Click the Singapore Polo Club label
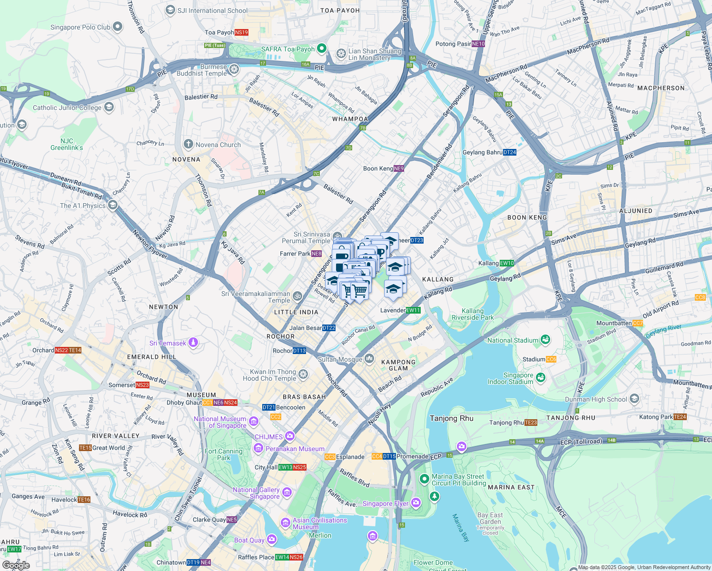[80, 27]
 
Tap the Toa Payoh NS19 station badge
[241, 32]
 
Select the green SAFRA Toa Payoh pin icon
[322, 48]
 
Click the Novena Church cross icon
[188, 144]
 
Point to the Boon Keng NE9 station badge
[399, 168]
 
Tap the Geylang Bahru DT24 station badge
[509, 152]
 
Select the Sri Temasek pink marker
[193, 342]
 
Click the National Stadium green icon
[545, 340]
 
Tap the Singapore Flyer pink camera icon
[416, 502]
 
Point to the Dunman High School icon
[634, 399]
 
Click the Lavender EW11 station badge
[413, 310]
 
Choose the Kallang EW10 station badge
[507, 263]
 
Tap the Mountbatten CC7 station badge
[637, 323]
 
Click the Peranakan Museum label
[295, 449]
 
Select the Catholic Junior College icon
[109, 107]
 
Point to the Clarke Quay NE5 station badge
[232, 520]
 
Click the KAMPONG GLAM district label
[398, 365]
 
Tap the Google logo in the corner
[16, 565]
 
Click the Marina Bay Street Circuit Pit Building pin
[424, 478]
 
